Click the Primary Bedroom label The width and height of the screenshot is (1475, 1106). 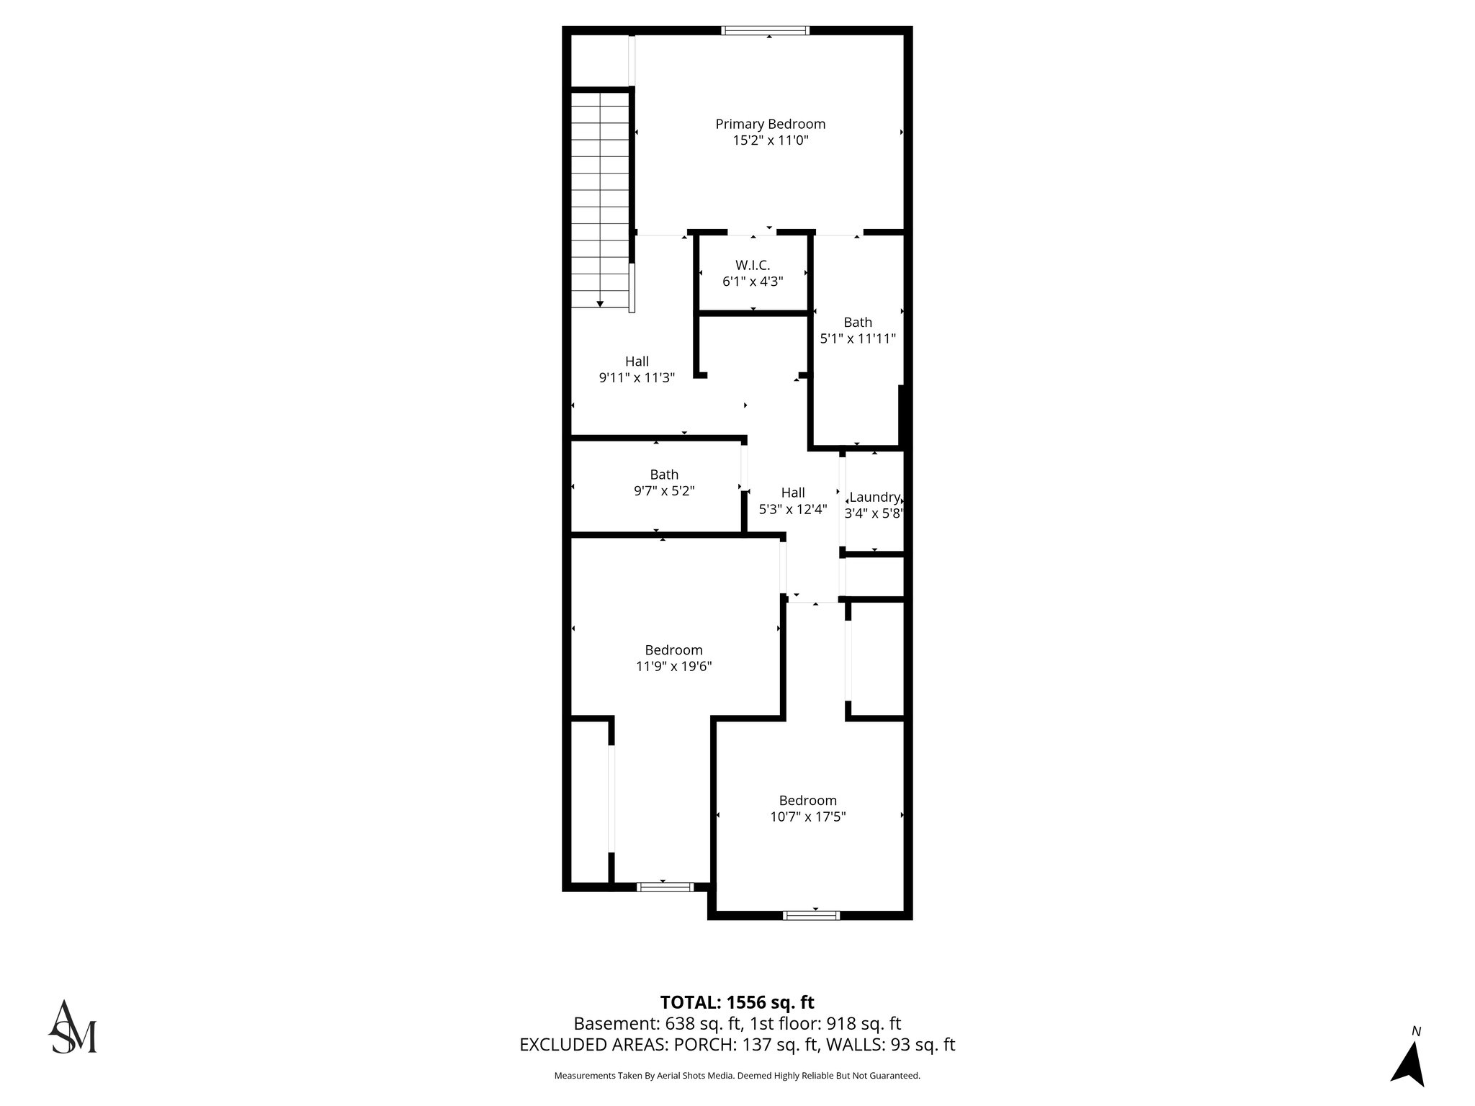pyautogui.click(x=770, y=124)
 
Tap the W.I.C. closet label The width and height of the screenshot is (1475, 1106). pyautogui.click(x=753, y=265)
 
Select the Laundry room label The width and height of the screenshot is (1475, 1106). pyautogui.click(x=874, y=497)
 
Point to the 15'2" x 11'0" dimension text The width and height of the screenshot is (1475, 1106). pyautogui.click(x=770, y=140)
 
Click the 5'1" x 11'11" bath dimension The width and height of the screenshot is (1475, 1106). pyautogui.click(x=858, y=338)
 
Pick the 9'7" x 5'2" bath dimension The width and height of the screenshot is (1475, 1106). pyautogui.click(x=664, y=491)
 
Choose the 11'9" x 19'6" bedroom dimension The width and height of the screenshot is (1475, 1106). pyautogui.click(x=673, y=666)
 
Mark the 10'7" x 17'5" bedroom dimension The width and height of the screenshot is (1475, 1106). pyautogui.click(x=807, y=817)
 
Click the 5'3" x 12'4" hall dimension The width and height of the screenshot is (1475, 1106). pyautogui.click(x=793, y=509)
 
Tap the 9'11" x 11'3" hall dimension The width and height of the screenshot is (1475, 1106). pyautogui.click(x=637, y=377)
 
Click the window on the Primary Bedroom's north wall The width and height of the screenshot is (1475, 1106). pyautogui.click(x=765, y=30)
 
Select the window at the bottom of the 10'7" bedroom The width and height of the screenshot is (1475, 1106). pyautogui.click(x=811, y=915)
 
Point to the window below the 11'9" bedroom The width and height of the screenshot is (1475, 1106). pyautogui.click(x=665, y=886)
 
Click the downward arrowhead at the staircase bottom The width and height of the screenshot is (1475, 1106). pyautogui.click(x=600, y=305)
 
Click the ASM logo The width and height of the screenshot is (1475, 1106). pyautogui.click(x=73, y=1028)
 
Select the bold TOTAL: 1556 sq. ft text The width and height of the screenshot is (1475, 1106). pyautogui.click(x=737, y=1002)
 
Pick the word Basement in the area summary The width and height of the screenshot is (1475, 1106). pyautogui.click(x=611, y=1023)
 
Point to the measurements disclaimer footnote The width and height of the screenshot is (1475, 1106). pyautogui.click(x=737, y=1076)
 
